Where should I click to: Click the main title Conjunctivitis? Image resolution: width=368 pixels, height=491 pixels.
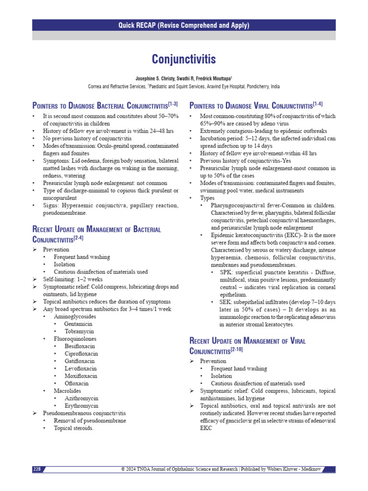[184, 59]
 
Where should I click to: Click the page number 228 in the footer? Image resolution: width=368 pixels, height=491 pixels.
[37, 468]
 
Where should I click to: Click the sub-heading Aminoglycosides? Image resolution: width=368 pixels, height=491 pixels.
[75, 316]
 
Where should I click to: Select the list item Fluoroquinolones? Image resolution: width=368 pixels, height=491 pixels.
[74, 339]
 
